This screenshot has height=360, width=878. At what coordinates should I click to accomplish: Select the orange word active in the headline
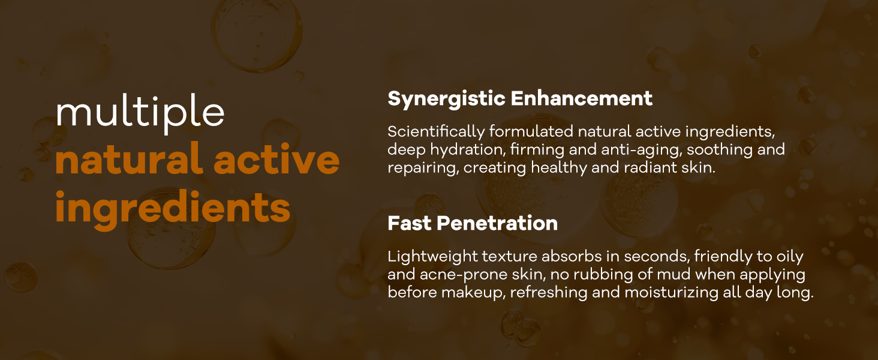276,158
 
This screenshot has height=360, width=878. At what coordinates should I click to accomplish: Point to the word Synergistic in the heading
446,99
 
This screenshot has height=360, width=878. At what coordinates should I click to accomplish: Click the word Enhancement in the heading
582,98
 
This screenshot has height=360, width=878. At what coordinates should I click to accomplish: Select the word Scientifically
436,132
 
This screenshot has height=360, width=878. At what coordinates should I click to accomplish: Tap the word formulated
531,131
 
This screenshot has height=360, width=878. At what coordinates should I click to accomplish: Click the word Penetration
497,223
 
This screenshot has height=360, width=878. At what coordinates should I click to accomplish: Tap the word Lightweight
432,257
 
